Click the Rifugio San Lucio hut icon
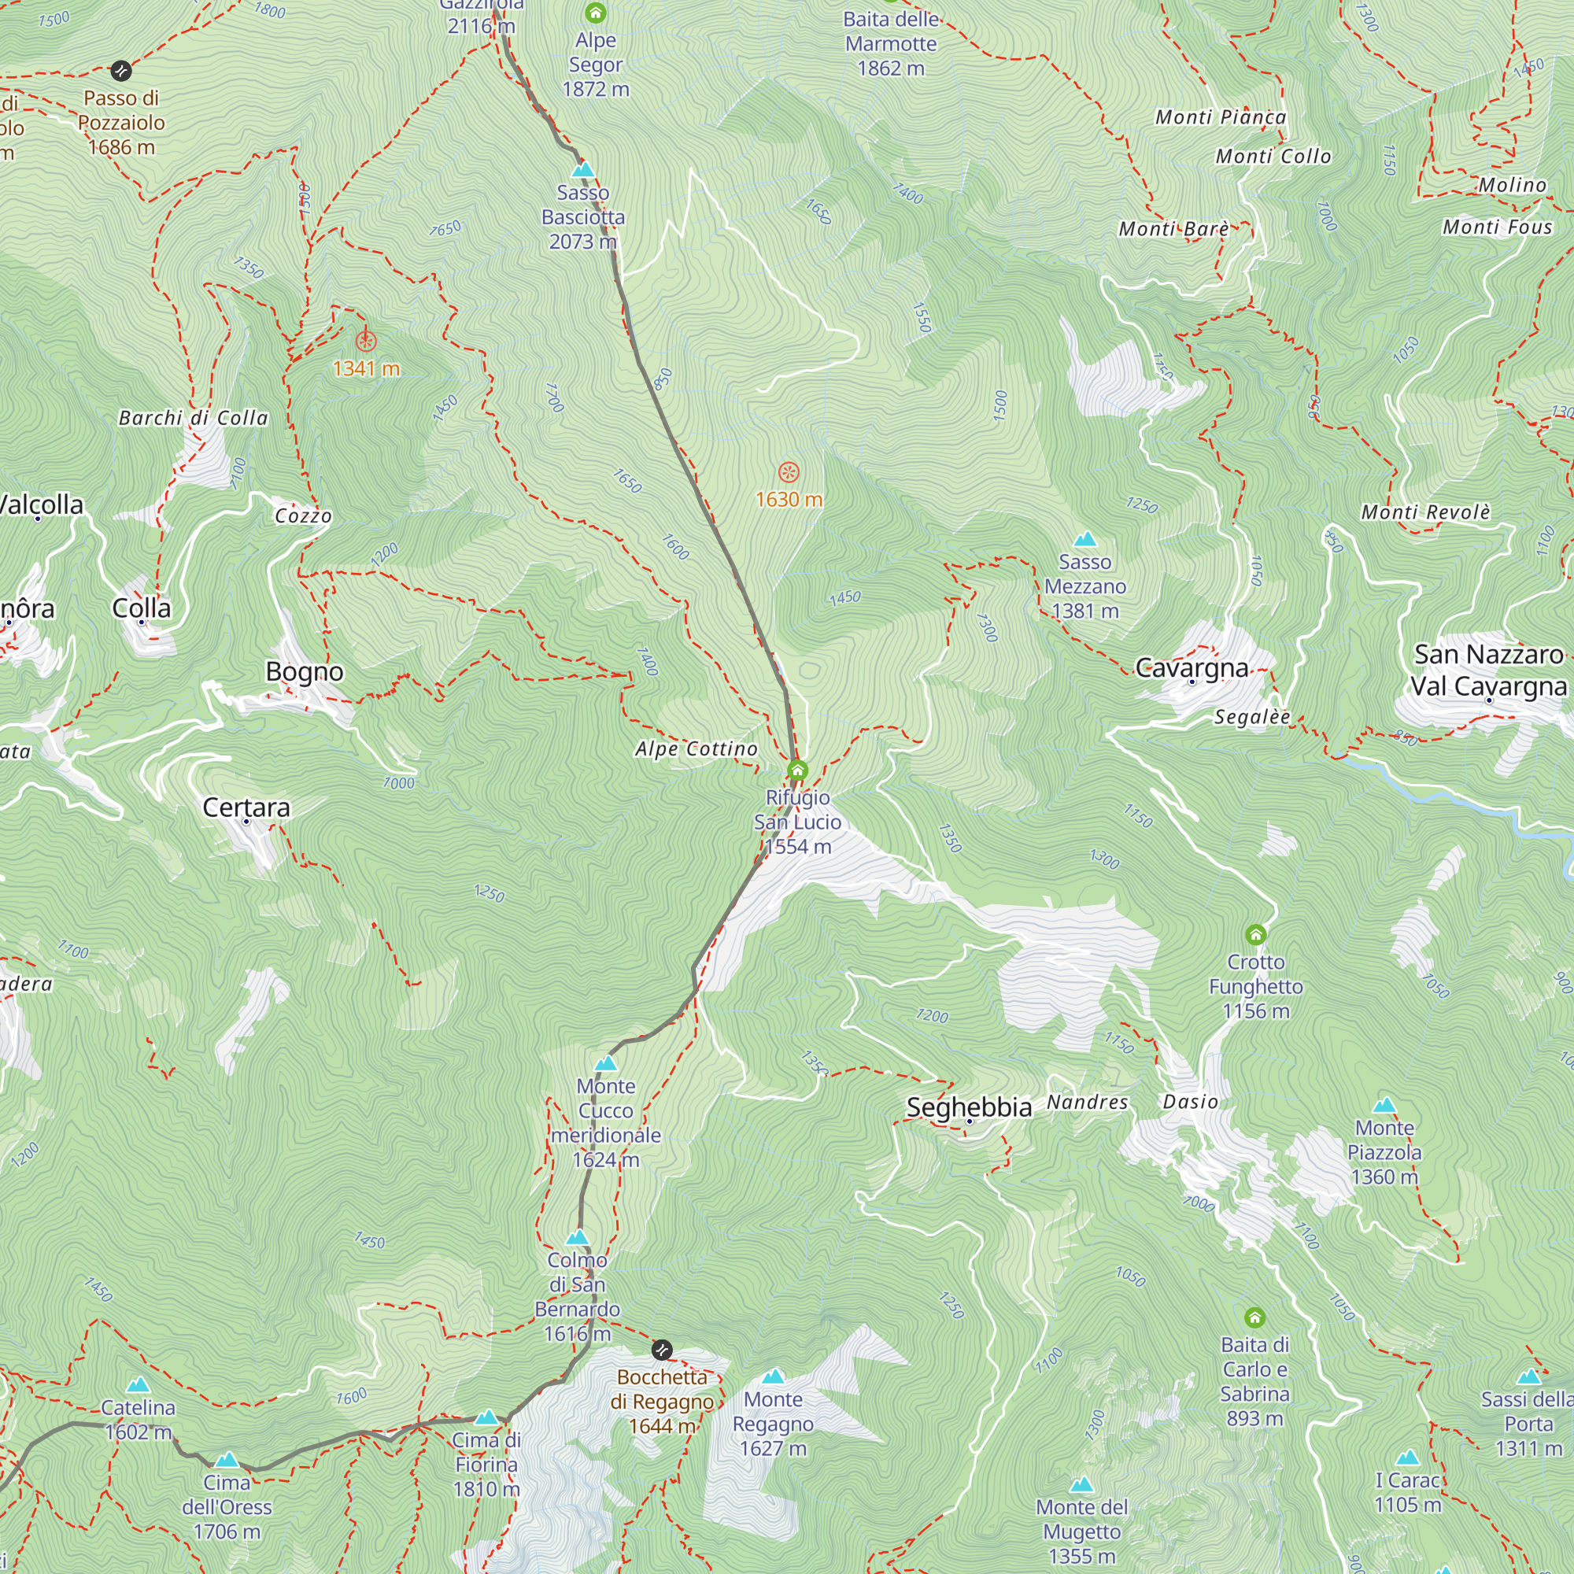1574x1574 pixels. (797, 770)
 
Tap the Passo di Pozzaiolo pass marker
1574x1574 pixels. (120, 71)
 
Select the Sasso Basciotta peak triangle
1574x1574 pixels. (582, 169)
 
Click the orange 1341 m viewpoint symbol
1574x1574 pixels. (366, 341)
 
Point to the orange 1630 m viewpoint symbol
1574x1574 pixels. (788, 471)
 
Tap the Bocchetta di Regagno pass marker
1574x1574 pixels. (663, 1350)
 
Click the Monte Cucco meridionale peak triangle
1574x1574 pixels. (605, 1064)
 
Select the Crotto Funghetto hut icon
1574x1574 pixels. (1255, 933)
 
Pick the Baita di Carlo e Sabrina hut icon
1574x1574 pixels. (1254, 1317)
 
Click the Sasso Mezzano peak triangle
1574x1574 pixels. (1084, 539)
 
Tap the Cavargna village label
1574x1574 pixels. (1191, 669)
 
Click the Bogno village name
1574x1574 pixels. (304, 672)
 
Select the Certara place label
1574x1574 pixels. (246, 807)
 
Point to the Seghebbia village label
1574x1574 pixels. (969, 1107)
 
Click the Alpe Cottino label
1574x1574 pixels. (696, 748)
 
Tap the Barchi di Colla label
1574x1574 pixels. (193, 418)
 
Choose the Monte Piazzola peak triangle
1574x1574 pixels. (1384, 1107)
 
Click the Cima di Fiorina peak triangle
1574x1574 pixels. (486, 1417)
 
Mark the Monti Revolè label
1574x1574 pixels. (1425, 512)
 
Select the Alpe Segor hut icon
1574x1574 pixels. (596, 13)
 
